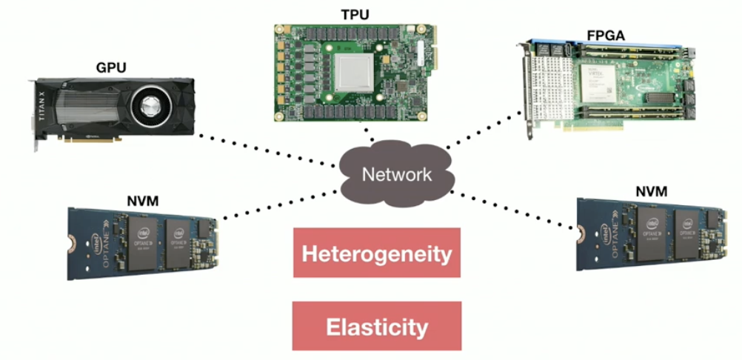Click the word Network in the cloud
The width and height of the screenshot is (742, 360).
[x=396, y=175]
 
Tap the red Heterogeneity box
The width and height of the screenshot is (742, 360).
[x=376, y=253]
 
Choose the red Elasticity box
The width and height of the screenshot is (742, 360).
[x=376, y=327]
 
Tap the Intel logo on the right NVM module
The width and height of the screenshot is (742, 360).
[x=614, y=223]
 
